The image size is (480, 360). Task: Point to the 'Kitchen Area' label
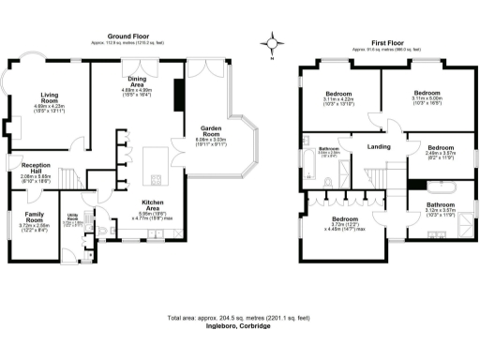154,202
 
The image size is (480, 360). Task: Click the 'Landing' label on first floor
379,147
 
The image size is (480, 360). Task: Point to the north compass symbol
273,42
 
